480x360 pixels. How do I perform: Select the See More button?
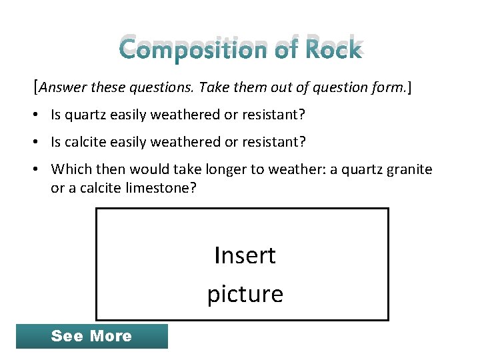91,336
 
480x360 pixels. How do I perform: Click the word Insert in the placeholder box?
245,255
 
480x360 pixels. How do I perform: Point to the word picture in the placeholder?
245,294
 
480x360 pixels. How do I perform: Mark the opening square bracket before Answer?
35,87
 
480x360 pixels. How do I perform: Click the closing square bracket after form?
409,87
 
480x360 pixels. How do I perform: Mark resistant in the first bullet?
273,115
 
